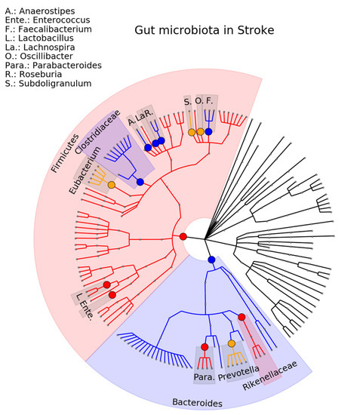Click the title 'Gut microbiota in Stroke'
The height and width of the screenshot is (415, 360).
[204, 31]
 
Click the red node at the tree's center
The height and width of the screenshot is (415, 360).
[183, 238]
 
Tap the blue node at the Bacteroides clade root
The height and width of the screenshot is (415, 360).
[212, 260]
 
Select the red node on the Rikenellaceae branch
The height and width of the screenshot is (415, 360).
[242, 317]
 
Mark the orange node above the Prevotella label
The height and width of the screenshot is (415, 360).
[232, 344]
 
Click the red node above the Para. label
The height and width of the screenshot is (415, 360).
[205, 346]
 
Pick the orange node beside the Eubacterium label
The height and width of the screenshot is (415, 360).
[112, 185]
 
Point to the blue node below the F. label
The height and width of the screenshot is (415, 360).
[208, 132]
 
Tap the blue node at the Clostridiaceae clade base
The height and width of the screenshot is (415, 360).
[140, 182]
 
